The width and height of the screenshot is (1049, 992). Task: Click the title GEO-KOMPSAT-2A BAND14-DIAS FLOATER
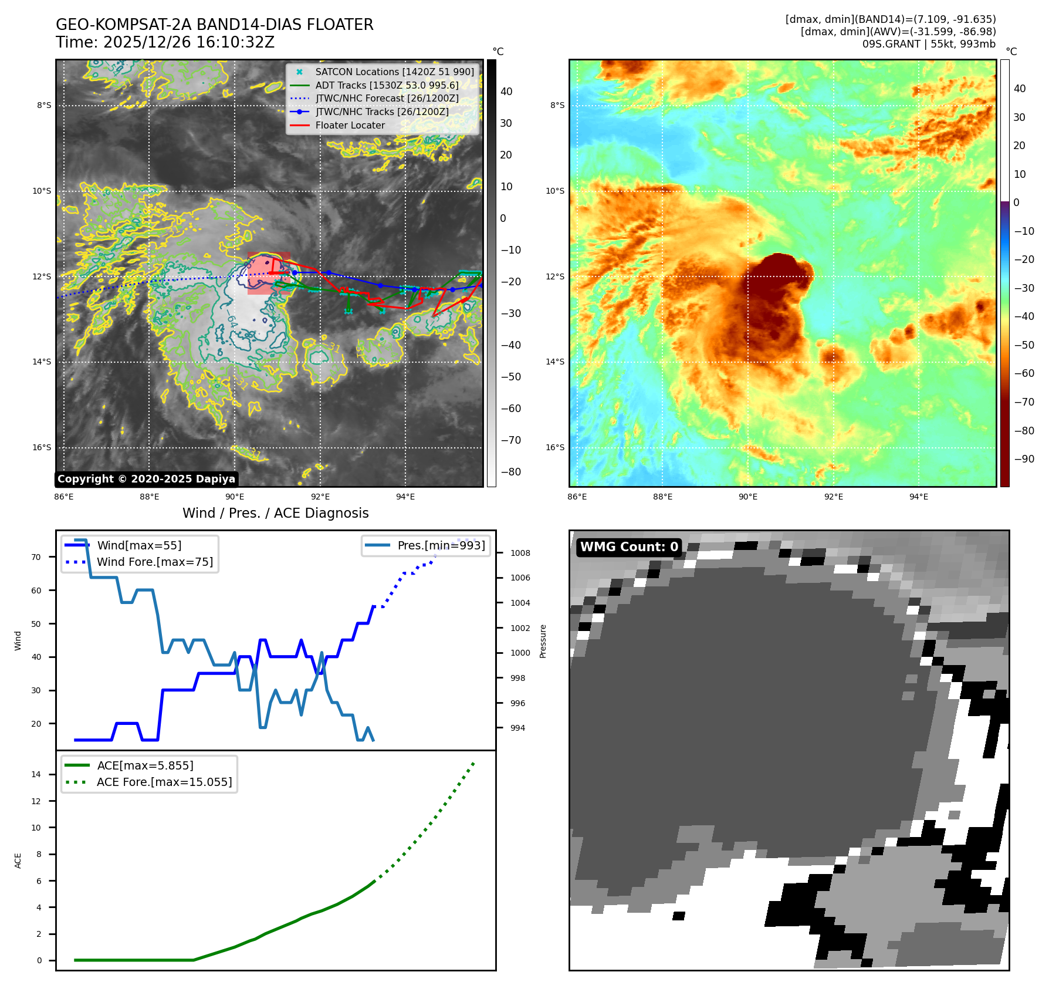(214, 25)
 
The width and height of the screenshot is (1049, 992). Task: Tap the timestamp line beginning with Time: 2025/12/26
(165, 42)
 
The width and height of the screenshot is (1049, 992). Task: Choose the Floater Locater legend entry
(350, 125)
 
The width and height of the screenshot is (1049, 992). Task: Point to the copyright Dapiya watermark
(146, 479)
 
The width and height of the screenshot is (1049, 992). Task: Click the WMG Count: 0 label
(629, 547)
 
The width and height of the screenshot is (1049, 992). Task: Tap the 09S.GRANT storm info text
(928, 44)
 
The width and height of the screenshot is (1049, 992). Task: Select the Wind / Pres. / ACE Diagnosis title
(275, 513)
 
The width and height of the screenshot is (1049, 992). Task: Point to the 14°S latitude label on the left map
(42, 362)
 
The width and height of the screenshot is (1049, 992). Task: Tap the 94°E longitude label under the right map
(918, 497)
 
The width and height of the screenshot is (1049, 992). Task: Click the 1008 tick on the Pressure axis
(520, 553)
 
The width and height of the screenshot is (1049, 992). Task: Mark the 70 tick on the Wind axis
(36, 557)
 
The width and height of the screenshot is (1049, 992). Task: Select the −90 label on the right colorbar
(1024, 459)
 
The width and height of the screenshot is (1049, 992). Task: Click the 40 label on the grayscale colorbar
(506, 92)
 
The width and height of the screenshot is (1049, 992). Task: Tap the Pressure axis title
(543, 641)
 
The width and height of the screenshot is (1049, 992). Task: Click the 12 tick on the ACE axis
(36, 801)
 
